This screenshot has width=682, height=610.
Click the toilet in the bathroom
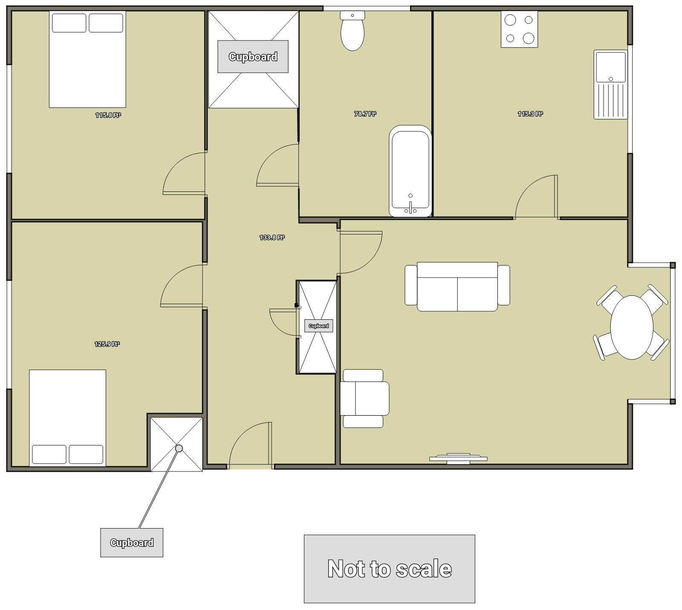click(x=353, y=31)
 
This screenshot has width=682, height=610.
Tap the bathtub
click(x=410, y=171)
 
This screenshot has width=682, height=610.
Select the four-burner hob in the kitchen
click(x=519, y=29)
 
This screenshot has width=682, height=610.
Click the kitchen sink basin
click(x=611, y=67)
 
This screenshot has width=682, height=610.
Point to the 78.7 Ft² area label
click(x=365, y=114)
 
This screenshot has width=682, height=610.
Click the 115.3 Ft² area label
click(x=530, y=114)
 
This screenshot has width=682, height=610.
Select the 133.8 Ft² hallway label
click(x=272, y=237)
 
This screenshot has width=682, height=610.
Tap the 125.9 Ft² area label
click(x=107, y=344)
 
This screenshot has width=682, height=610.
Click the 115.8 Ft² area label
click(x=108, y=115)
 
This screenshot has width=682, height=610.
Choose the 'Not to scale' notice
click(x=390, y=569)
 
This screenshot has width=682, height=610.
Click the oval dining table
click(x=632, y=327)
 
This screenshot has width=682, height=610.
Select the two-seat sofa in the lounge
click(x=457, y=286)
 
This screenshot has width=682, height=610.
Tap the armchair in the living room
click(x=365, y=399)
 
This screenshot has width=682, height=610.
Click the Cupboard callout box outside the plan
click(x=132, y=543)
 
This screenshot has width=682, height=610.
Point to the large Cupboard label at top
click(x=253, y=57)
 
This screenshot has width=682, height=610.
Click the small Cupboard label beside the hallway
click(x=319, y=326)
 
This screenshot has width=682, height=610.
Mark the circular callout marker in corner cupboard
click(x=179, y=448)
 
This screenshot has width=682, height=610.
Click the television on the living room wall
click(x=458, y=458)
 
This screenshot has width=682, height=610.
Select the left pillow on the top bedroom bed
click(x=69, y=23)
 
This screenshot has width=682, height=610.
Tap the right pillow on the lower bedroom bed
click(x=86, y=454)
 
